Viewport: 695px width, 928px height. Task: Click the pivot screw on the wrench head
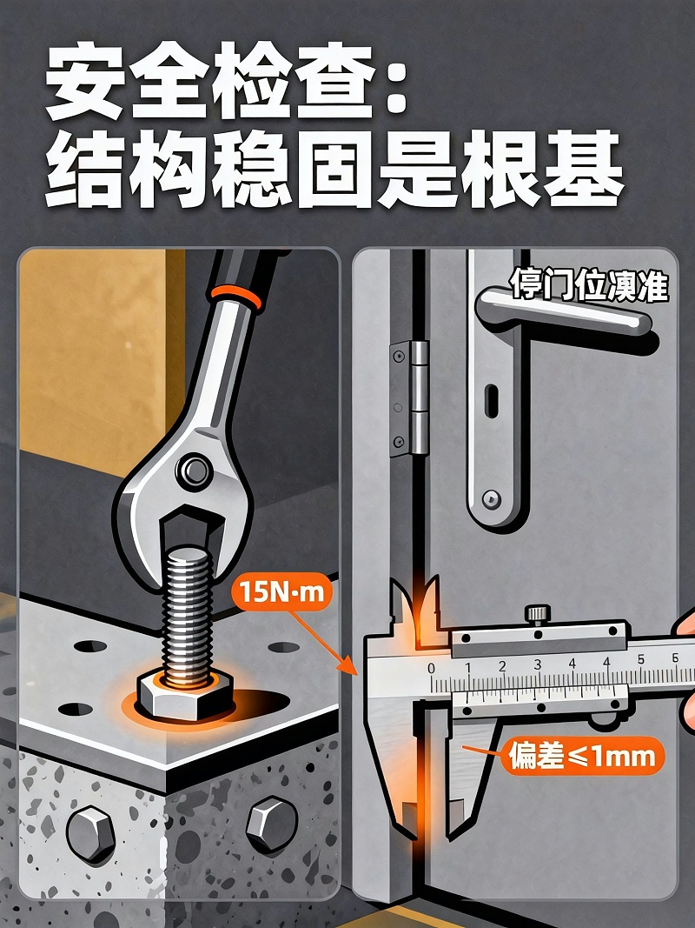pos(193,471)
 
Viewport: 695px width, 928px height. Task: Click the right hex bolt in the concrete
pos(271,823)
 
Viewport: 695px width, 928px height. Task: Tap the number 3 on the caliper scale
pos(538,666)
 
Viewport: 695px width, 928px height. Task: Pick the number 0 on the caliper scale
pos(432,668)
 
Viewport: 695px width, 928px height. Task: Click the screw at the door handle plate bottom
pos(493,500)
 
